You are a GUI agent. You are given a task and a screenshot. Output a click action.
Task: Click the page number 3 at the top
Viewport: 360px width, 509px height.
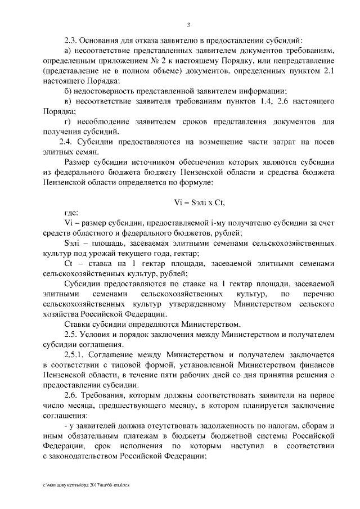pos(189,25)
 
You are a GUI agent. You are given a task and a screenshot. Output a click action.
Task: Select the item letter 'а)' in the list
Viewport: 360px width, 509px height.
pos(69,52)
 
